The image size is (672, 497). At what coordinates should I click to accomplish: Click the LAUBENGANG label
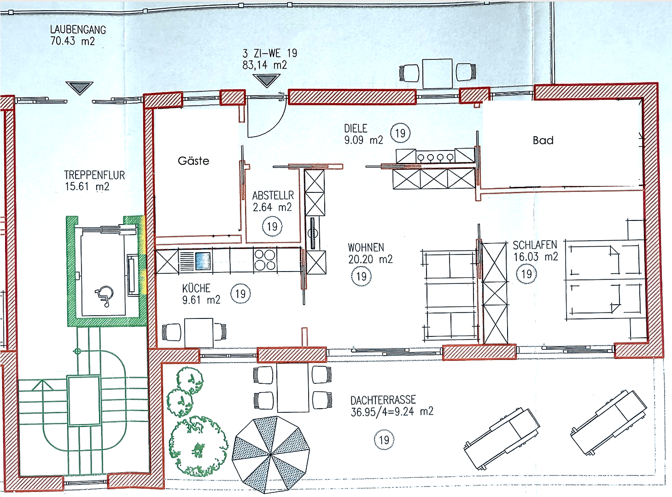click(x=78, y=30)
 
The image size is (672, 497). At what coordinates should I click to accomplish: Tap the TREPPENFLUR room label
click(x=94, y=175)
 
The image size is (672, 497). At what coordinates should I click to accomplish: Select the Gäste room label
click(x=193, y=161)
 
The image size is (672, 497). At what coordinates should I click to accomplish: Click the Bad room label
click(x=543, y=141)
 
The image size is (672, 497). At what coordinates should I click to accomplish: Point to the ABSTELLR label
click(x=273, y=196)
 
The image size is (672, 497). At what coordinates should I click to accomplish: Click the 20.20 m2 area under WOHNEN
click(x=370, y=260)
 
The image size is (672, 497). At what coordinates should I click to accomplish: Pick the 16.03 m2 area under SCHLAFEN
click(x=536, y=257)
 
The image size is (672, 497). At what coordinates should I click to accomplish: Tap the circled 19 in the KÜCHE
click(x=240, y=294)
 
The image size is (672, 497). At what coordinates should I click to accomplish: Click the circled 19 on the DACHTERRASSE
click(x=384, y=440)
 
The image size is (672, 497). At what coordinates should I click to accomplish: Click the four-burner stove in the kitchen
click(x=265, y=260)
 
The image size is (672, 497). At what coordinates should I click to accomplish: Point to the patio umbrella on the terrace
click(x=270, y=453)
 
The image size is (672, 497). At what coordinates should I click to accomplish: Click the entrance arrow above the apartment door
click(x=266, y=81)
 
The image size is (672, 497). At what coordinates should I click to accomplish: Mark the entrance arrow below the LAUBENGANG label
click(x=79, y=87)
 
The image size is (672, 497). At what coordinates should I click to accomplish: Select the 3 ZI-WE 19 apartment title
click(x=269, y=53)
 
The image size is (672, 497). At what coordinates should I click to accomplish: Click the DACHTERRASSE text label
click(x=383, y=400)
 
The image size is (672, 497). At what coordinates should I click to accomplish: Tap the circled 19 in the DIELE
click(x=400, y=133)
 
